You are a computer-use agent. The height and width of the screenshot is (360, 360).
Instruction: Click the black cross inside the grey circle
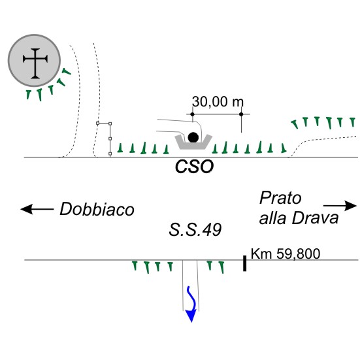coord(35,63)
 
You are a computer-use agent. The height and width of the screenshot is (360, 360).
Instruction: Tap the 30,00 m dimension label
coord(218,102)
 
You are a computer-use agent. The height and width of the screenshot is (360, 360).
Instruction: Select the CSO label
coord(194,167)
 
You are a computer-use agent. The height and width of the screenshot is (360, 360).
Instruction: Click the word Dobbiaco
coord(97,209)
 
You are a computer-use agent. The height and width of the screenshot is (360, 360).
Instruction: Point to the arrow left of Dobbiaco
coord(37,209)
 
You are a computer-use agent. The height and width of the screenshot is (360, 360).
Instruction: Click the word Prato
coord(280,198)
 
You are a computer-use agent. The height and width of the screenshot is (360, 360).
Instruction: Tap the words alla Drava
coord(299,218)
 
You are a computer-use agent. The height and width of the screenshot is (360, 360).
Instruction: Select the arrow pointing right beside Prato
coord(340,206)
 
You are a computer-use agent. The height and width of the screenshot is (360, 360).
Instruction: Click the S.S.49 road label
coord(195,229)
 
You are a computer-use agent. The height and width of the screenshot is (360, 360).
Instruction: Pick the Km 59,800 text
coord(286,254)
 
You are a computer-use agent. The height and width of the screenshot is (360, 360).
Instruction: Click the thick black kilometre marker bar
coord(245,263)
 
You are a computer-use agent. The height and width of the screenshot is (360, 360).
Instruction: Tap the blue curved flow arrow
coord(191,304)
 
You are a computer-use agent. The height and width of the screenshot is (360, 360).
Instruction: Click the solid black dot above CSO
coord(193,137)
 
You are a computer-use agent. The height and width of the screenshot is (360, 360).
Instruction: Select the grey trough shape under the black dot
coord(193,143)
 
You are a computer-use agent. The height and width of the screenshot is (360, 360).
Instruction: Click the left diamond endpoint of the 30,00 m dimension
coord(192,114)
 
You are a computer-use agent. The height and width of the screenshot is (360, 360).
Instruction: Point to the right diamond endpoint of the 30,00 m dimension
coord(241,114)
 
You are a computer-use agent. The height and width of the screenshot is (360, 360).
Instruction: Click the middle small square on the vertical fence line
coord(110,139)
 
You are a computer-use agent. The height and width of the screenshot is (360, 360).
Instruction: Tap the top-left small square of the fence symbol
coord(97,123)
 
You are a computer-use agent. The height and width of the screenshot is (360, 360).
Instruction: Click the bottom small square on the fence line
coord(110,154)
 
